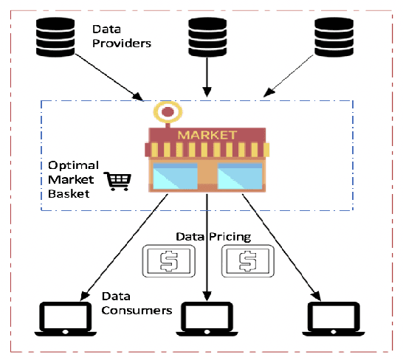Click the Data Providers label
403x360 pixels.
[x=121, y=36]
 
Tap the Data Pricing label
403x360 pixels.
[x=213, y=237]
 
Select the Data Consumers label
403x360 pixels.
[x=137, y=303]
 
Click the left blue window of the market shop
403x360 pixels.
[x=174, y=176]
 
